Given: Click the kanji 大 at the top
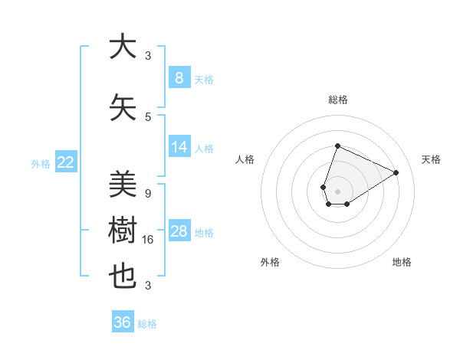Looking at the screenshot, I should coord(123,47).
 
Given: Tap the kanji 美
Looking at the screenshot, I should coord(123,184).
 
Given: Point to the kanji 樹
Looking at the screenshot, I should coord(123,231).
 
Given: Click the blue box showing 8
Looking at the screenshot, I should coord(179,78).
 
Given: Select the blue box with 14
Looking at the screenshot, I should coord(179,147).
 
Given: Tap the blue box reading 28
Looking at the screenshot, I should coord(179,231).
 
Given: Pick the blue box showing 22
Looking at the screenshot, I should coord(66,162).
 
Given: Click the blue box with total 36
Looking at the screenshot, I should coord(123,322).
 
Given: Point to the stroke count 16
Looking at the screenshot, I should coord(149,240).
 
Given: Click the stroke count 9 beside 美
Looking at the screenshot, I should coord(148,193).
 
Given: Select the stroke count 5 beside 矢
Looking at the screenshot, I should coord(148,116).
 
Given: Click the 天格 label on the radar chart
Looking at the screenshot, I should coord(431,159).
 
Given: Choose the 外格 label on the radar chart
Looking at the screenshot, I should coord(270,262).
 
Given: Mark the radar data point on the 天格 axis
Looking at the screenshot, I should coord(396,172).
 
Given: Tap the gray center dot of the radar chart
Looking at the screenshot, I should coord(337,191).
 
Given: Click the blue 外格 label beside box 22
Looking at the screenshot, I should coord(41,163).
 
